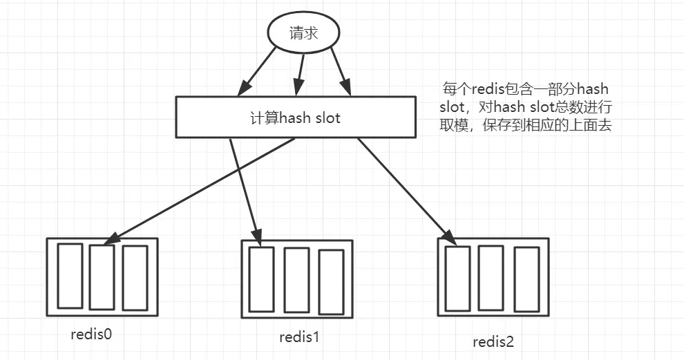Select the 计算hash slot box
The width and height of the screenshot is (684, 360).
point(296,117)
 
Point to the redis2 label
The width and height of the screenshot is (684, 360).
point(493,341)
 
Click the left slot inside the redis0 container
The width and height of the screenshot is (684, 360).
point(70,276)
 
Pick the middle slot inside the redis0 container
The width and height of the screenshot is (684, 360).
point(102,277)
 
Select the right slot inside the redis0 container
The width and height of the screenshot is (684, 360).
point(135,278)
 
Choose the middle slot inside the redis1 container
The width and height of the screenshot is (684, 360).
point(296,280)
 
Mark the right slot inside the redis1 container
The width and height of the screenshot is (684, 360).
point(331,281)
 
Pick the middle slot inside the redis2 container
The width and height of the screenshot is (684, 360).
point(490,277)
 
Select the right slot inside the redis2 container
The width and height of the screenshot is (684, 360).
point(526,278)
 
